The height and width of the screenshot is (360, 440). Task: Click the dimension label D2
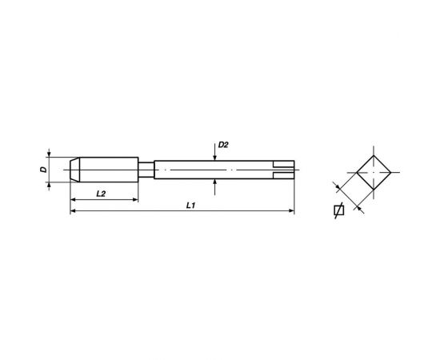click(x=223, y=146)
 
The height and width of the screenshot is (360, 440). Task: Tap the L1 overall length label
click(x=190, y=206)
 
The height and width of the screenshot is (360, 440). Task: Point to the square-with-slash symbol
click(x=338, y=211)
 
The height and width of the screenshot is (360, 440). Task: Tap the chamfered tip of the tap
click(x=74, y=170)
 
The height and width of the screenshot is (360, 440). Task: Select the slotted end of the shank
click(x=283, y=170)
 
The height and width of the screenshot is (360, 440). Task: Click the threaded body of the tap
click(x=108, y=170)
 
